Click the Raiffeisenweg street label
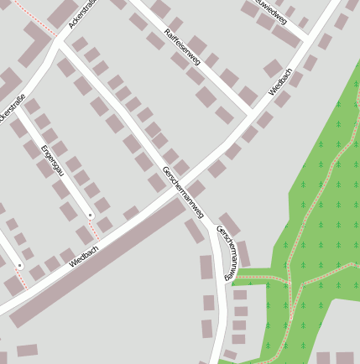(x=182, y=46)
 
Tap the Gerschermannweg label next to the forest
(x=227, y=252)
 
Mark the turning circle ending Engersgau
(x=90, y=216)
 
